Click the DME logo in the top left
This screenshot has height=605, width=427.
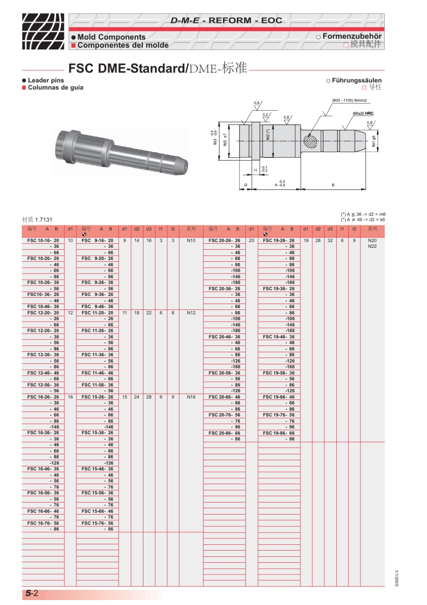tap(43, 31)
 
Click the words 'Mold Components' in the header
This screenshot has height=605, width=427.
tap(111, 37)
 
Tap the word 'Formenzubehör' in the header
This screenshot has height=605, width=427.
tap(351, 36)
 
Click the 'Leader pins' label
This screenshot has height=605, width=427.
tap(46, 80)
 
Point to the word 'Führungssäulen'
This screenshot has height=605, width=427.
tap(356, 80)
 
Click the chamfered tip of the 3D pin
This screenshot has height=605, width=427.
tap(183, 166)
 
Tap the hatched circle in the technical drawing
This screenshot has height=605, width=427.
tap(310, 141)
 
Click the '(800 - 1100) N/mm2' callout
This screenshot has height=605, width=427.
tap(349, 100)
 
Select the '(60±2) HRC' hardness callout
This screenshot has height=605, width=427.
tap(363, 113)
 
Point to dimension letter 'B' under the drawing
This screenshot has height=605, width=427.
tap(333, 185)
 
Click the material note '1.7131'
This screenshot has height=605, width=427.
tap(44, 220)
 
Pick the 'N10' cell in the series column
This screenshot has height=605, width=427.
tap(191, 241)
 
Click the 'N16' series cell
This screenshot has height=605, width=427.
tap(191, 397)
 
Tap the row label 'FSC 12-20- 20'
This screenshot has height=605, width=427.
tap(43, 313)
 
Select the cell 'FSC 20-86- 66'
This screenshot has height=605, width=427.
tap(224, 433)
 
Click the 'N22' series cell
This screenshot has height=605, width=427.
tap(372, 246)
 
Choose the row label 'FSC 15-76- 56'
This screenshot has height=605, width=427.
tap(97, 523)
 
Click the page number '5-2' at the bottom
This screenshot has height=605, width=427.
tap(31, 593)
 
